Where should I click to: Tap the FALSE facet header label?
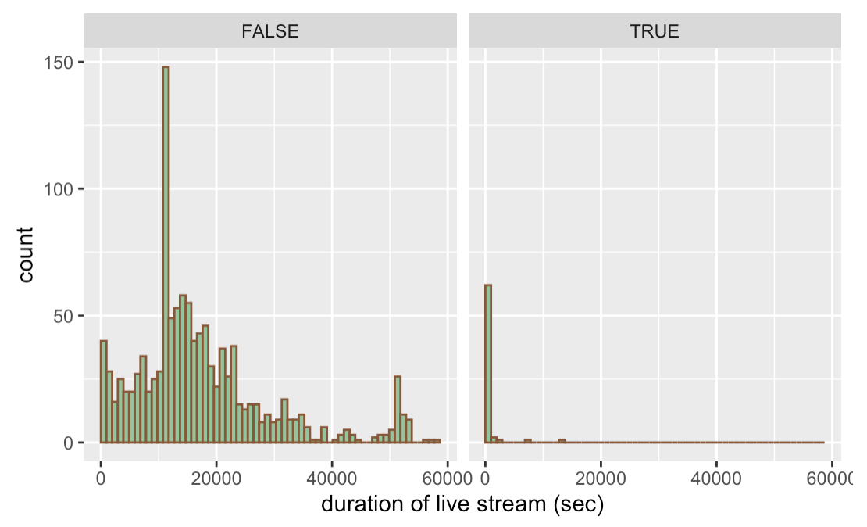[270, 32]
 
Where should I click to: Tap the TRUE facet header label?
[655, 32]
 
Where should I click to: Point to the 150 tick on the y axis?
[64, 62]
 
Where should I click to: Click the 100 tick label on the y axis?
[64, 189]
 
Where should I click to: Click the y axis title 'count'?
[26, 254]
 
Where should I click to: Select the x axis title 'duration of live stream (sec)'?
[462, 505]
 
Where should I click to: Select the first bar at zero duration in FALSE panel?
[103, 392]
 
